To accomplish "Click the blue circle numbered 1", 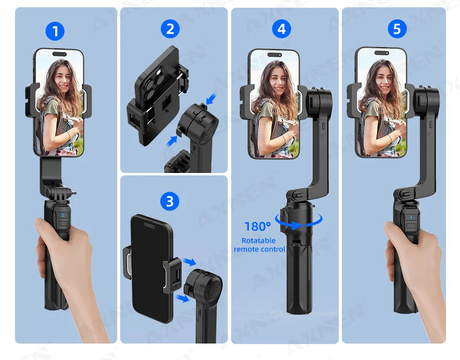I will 55,31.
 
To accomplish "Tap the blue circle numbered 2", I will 170,29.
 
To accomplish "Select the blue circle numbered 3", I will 169,201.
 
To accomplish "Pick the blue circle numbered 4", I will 281,29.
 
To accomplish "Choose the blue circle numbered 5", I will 397,29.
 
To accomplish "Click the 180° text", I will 257,226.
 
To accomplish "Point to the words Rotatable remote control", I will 259,245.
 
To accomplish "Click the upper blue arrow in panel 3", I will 190,262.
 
